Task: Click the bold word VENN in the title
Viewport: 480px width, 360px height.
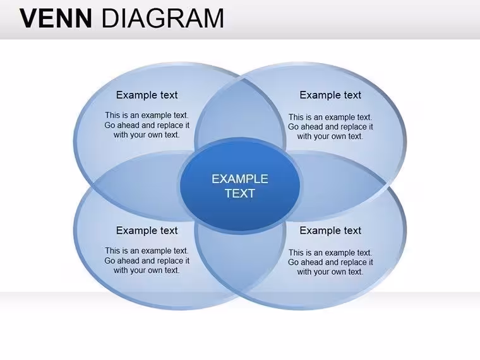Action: tap(56, 18)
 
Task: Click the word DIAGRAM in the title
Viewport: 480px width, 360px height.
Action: tap(162, 18)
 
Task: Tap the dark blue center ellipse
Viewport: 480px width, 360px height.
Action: tap(240, 186)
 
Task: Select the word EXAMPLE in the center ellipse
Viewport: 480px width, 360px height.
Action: tap(240, 179)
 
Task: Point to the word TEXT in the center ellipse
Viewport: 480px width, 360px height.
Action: tap(240, 193)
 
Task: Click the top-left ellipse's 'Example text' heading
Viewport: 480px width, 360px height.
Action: tap(147, 95)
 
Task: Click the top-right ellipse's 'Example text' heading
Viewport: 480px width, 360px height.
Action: tap(330, 95)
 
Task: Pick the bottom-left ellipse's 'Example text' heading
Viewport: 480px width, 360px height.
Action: tap(147, 231)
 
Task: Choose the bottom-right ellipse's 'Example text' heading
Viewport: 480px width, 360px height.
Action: tap(330, 231)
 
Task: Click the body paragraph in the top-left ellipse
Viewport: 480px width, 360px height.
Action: tap(147, 125)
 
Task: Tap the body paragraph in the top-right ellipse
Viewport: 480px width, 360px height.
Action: tap(330, 126)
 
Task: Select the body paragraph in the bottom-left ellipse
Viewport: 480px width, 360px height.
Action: tap(147, 260)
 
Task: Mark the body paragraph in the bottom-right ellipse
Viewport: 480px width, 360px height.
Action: tap(330, 262)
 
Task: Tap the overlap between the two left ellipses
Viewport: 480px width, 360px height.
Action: tap(138, 186)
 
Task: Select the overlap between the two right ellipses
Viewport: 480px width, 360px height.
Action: tap(340, 186)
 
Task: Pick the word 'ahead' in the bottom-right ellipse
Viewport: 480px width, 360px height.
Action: tap(311, 262)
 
